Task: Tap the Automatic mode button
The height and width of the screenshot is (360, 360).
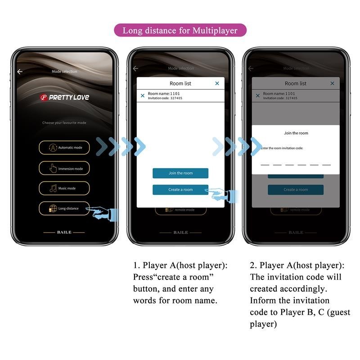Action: [64, 148]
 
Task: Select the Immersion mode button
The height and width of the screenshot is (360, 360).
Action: [64, 168]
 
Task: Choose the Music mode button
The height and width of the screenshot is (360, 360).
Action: [64, 188]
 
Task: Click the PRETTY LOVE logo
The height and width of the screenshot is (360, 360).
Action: [64, 97]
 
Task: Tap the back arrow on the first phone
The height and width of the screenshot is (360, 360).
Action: [20, 72]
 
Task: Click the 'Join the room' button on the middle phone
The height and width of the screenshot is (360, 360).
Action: [180, 173]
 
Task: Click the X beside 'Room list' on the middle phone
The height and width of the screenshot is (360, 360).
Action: [217, 83]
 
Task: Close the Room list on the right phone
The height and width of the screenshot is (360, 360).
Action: [332, 83]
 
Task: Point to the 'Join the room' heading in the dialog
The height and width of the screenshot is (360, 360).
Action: [296, 133]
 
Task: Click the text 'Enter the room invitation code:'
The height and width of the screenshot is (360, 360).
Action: [282, 148]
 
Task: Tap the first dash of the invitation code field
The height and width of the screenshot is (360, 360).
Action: [265, 165]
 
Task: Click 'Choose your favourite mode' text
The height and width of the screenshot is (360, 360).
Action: [64, 122]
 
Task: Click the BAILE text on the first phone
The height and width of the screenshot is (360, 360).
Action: [64, 232]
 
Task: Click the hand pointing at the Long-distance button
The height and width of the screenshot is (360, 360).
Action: [104, 213]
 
